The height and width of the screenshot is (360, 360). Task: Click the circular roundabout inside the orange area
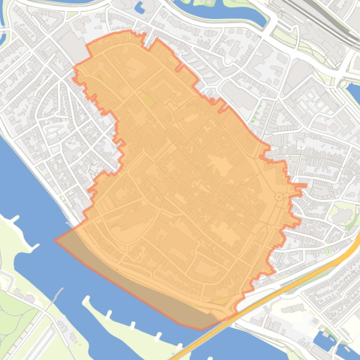pyautogui.click(x=279, y=197)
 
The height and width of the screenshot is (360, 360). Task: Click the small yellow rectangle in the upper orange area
pyautogui.click(x=147, y=99)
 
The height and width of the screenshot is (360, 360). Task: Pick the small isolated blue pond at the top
pyautogui.click(x=139, y=7)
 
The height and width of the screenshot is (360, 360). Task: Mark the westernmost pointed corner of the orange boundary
pyautogui.click(x=55, y=240)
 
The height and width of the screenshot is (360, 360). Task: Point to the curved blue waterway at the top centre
pyautogui.click(x=220, y=14)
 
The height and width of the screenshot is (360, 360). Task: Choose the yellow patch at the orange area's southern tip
pyautogui.click(x=220, y=301)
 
